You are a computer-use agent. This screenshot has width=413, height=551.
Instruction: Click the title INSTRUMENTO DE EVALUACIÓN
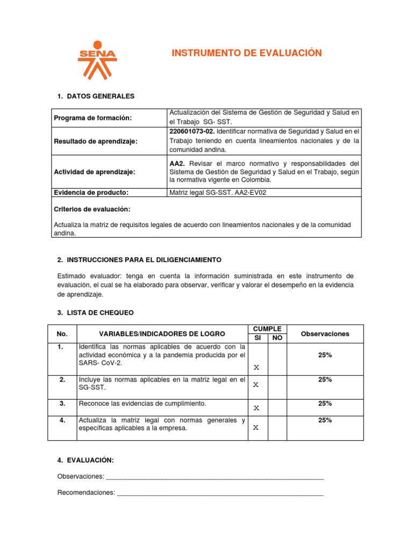(x=246, y=53)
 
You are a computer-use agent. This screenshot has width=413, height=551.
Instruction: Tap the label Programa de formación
(x=92, y=118)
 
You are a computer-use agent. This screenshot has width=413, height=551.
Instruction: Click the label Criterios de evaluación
(x=92, y=209)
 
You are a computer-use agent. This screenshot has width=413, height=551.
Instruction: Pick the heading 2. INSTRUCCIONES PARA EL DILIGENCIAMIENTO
(x=139, y=260)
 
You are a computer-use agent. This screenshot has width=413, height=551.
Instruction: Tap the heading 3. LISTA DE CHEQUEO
(x=95, y=312)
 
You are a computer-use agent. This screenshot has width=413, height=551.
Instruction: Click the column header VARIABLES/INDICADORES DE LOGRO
(x=162, y=334)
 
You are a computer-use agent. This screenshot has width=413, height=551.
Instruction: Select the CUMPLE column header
(x=267, y=329)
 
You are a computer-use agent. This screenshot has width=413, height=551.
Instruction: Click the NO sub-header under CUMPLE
(x=277, y=338)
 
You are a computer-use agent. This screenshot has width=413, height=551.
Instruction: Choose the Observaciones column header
(x=325, y=334)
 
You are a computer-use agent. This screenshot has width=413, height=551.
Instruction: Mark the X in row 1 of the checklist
(x=257, y=368)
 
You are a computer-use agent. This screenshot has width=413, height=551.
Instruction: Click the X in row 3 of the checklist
(x=257, y=408)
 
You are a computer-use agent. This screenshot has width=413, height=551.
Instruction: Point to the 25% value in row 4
(x=325, y=420)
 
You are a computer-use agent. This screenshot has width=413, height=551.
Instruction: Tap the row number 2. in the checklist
(x=62, y=380)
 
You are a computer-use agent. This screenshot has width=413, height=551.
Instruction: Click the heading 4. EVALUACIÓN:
(x=85, y=460)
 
